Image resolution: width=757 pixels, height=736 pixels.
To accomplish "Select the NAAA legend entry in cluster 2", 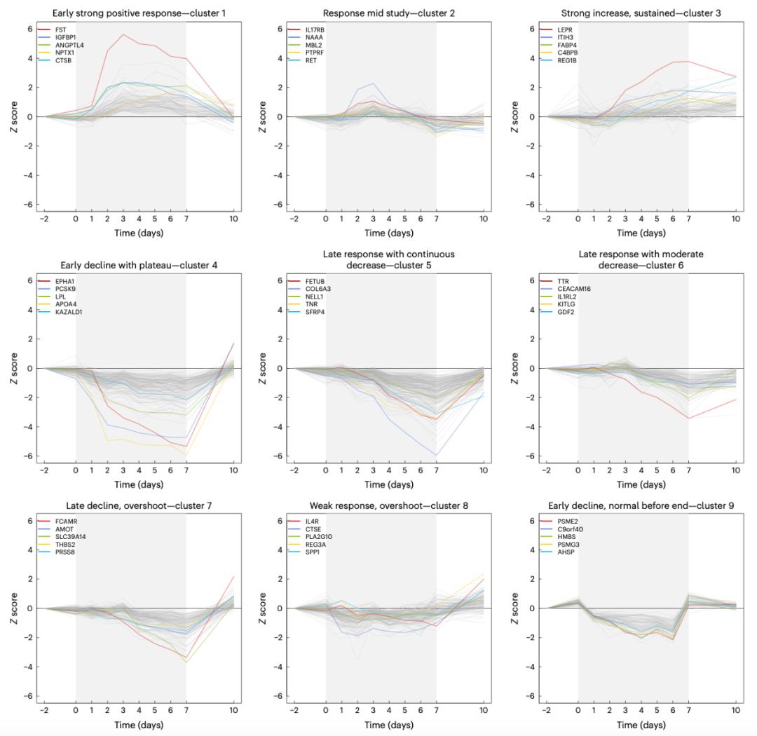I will [314, 37].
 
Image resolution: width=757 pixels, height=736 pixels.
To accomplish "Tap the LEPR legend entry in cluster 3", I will [564, 29].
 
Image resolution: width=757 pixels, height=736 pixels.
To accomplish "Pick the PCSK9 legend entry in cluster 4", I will [65, 289].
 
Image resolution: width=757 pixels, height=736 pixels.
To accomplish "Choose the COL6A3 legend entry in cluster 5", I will [319, 289].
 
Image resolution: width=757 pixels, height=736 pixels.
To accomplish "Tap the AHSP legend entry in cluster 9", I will [565, 552].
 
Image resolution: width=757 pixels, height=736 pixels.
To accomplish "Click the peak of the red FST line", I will [123, 34].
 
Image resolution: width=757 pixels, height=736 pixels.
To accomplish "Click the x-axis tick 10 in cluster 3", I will [735, 219].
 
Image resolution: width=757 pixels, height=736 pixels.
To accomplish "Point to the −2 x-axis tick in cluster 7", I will [43, 711].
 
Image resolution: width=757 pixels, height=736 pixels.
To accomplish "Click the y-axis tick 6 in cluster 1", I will [30, 29].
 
